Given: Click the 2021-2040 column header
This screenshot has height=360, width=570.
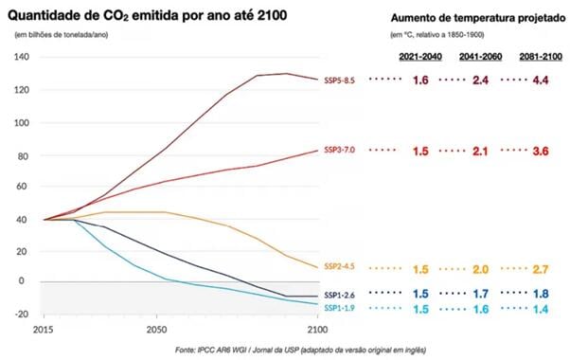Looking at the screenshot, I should tap(419, 58).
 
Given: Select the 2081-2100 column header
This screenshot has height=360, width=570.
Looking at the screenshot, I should tap(540, 58).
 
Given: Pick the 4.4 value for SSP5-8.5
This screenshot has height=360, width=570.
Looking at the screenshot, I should tap(541, 81).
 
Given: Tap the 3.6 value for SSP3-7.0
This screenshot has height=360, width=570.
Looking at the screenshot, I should tap(541, 151).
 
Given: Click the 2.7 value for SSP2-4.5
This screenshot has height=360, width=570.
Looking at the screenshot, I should tap(541, 269).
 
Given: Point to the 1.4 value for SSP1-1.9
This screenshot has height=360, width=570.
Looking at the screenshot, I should tap(541, 310).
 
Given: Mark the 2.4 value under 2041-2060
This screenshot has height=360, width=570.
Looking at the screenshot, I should tap(480, 81).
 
